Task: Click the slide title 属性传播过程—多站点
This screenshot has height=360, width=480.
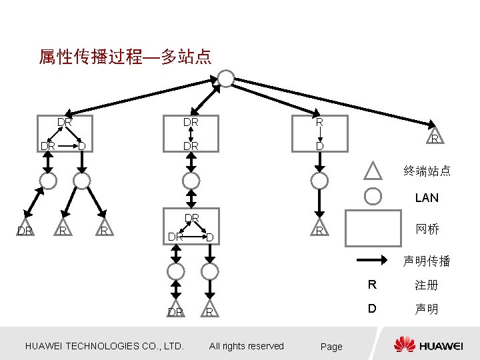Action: (x=125, y=57)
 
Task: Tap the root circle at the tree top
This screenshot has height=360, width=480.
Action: (x=227, y=79)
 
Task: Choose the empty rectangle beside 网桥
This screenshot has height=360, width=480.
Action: (x=372, y=229)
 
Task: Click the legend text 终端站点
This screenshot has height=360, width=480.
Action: (x=427, y=171)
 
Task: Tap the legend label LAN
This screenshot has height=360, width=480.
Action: (x=427, y=197)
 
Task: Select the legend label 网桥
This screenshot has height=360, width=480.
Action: (x=427, y=229)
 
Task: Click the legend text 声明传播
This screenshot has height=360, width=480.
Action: (x=427, y=261)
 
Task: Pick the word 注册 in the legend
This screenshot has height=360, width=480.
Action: (x=427, y=285)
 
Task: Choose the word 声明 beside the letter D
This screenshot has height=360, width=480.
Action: (x=427, y=310)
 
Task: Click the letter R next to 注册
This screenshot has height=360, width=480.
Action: (x=372, y=285)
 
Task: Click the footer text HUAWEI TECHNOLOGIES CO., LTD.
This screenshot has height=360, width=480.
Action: (x=104, y=345)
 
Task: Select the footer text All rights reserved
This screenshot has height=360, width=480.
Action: (x=246, y=345)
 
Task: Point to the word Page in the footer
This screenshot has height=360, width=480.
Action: (x=331, y=346)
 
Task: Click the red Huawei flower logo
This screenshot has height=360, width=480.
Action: (x=404, y=344)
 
